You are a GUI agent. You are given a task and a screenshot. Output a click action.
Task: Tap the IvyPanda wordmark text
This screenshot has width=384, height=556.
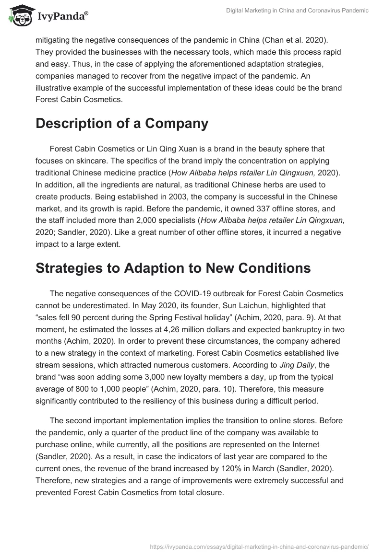click(x=62, y=16)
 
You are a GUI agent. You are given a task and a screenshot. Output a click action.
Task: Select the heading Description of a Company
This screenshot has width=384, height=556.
click(x=122, y=123)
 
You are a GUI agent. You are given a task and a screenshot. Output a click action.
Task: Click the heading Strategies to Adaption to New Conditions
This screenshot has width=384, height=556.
click(x=173, y=268)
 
